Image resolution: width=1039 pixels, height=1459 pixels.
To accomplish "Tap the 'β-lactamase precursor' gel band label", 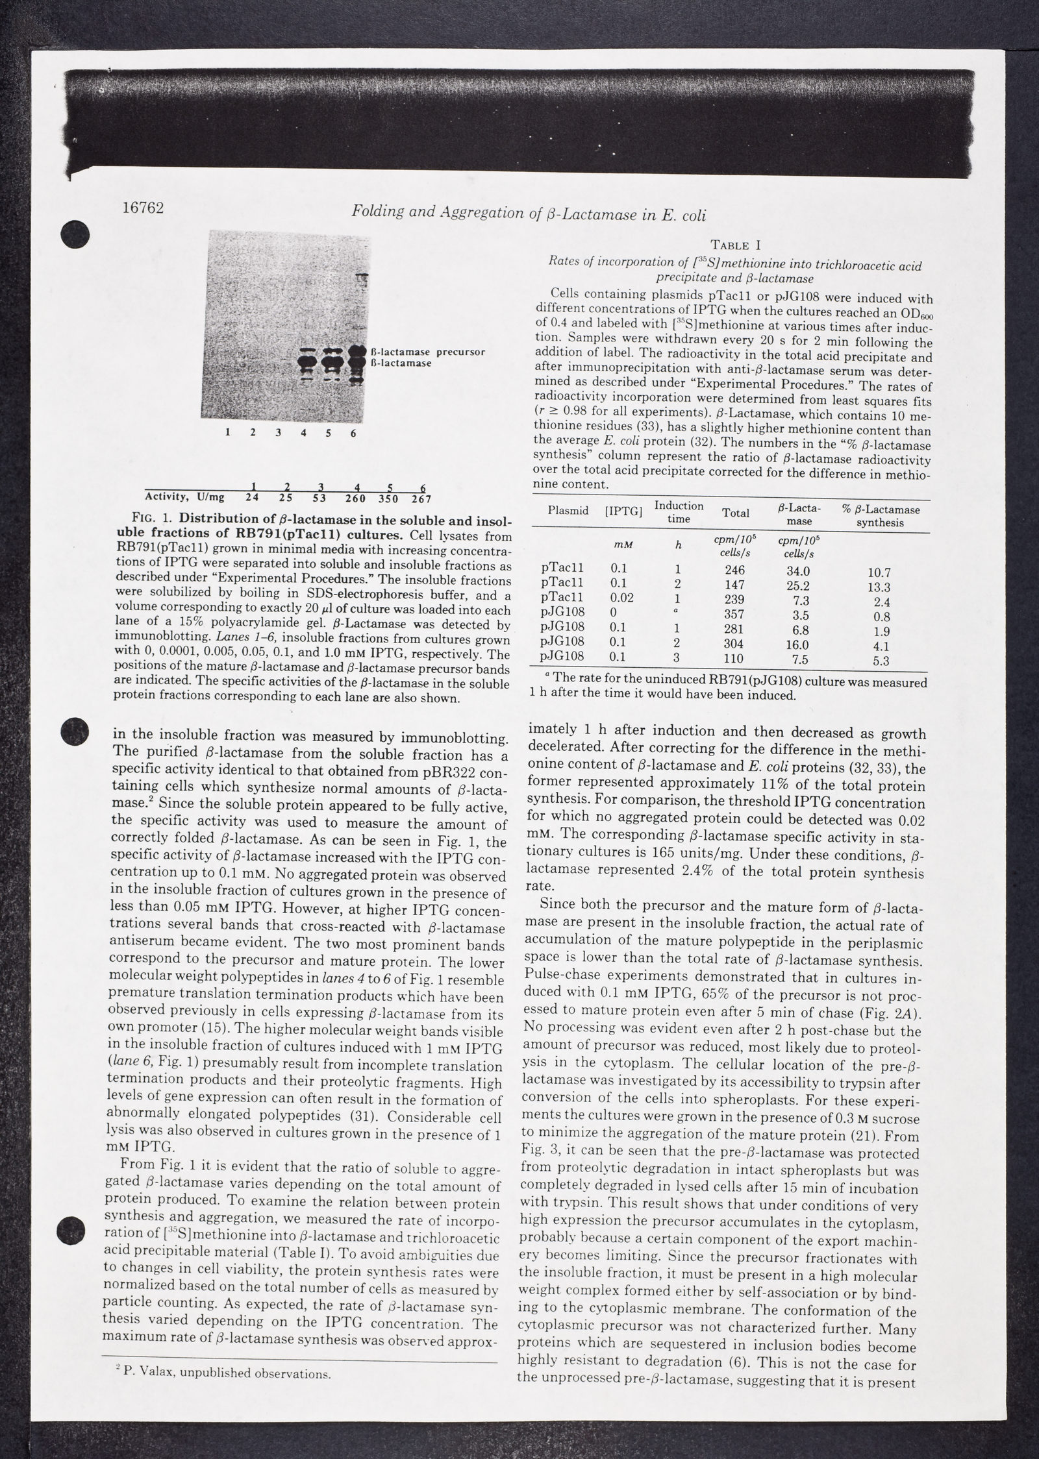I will click(x=427, y=352).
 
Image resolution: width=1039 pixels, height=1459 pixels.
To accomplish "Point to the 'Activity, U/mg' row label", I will click(x=184, y=497).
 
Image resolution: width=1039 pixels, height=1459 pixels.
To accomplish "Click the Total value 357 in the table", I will click(x=734, y=614).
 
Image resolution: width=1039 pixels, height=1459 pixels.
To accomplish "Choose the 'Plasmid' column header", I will click(x=568, y=511).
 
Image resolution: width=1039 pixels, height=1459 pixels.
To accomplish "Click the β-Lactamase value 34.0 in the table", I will click(x=797, y=571).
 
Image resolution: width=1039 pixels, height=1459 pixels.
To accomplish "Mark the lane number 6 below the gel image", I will click(x=353, y=433).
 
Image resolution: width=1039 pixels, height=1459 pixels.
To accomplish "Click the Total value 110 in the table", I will click(x=734, y=657).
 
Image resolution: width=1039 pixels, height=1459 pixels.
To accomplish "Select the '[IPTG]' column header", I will click(x=623, y=511).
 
